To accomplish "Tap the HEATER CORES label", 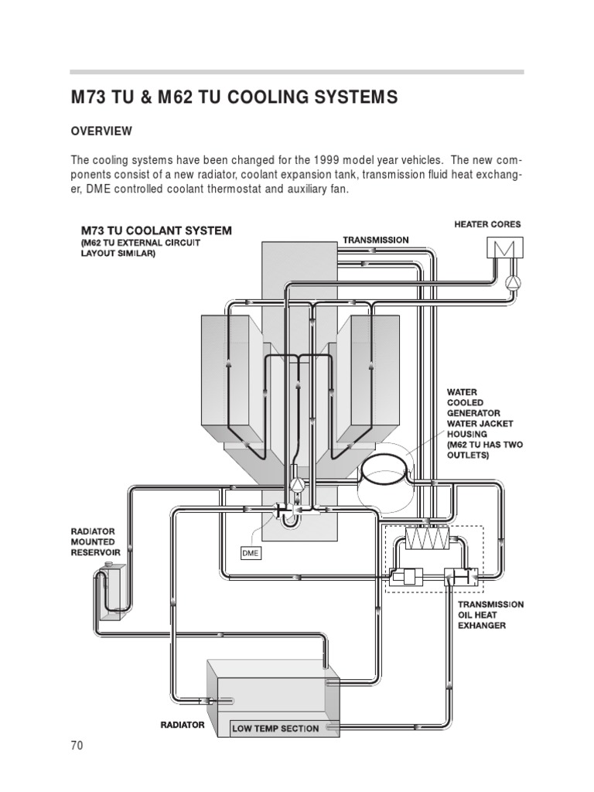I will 487,224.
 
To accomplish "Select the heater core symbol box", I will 505,248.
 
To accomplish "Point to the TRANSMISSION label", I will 376,240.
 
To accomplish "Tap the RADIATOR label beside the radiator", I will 183,725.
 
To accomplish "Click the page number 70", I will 76,746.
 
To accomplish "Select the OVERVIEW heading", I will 101,131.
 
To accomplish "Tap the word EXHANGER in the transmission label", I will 482,625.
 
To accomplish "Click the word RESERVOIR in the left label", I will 96,553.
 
